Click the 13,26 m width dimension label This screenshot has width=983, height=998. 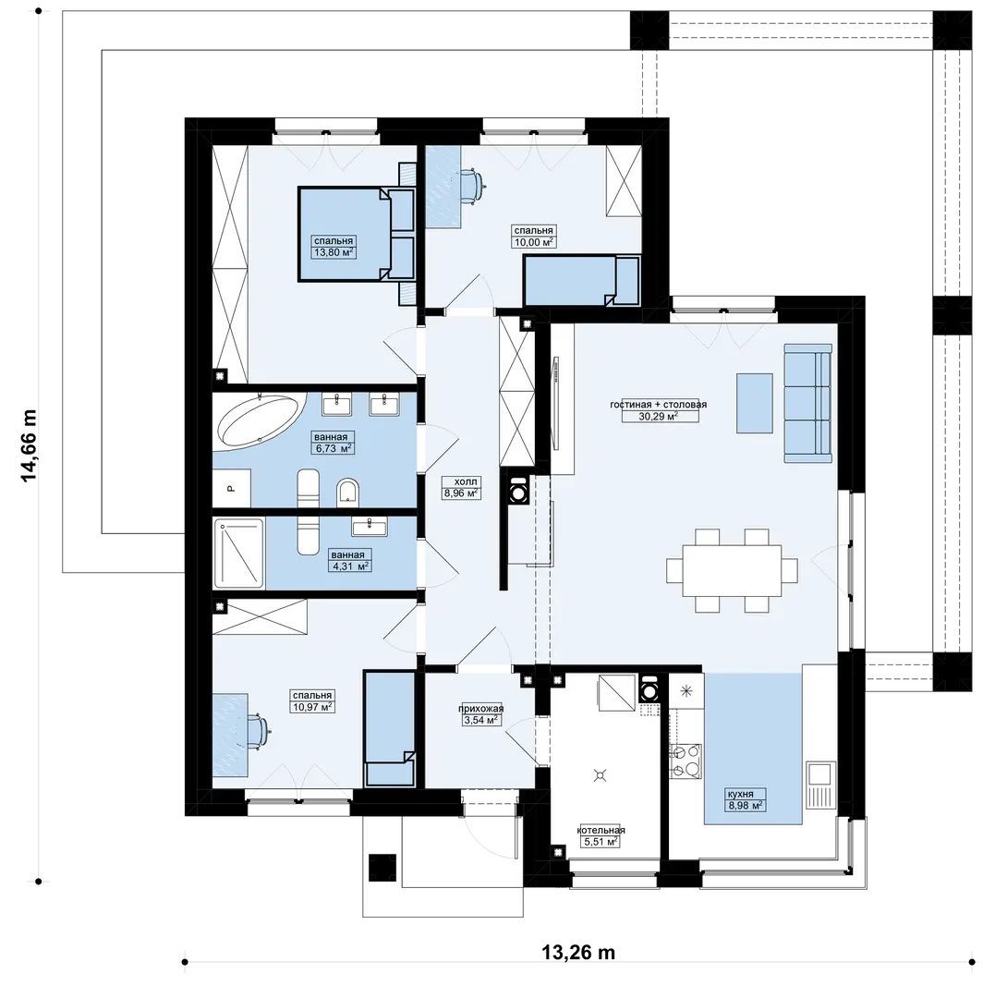tap(578, 952)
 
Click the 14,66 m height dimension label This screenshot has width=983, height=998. tap(29, 445)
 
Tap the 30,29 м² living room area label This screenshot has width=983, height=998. tap(658, 417)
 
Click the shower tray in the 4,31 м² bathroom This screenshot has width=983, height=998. tap(238, 554)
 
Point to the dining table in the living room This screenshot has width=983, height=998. tap(732, 570)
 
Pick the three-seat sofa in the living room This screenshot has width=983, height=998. tap(808, 403)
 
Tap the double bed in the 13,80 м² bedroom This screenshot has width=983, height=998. tap(357, 234)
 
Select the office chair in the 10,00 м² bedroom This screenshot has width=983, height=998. tap(471, 186)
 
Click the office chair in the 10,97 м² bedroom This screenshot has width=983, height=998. tap(257, 730)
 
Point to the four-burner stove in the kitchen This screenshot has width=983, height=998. tap(686, 761)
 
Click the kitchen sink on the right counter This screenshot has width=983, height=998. tap(820, 774)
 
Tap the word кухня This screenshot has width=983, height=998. tap(741, 794)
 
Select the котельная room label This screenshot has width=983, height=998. tap(601, 830)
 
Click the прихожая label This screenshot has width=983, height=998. tap(481, 709)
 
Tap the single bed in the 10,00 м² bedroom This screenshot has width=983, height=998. tap(581, 280)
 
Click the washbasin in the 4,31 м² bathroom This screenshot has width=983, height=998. tap(370, 527)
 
